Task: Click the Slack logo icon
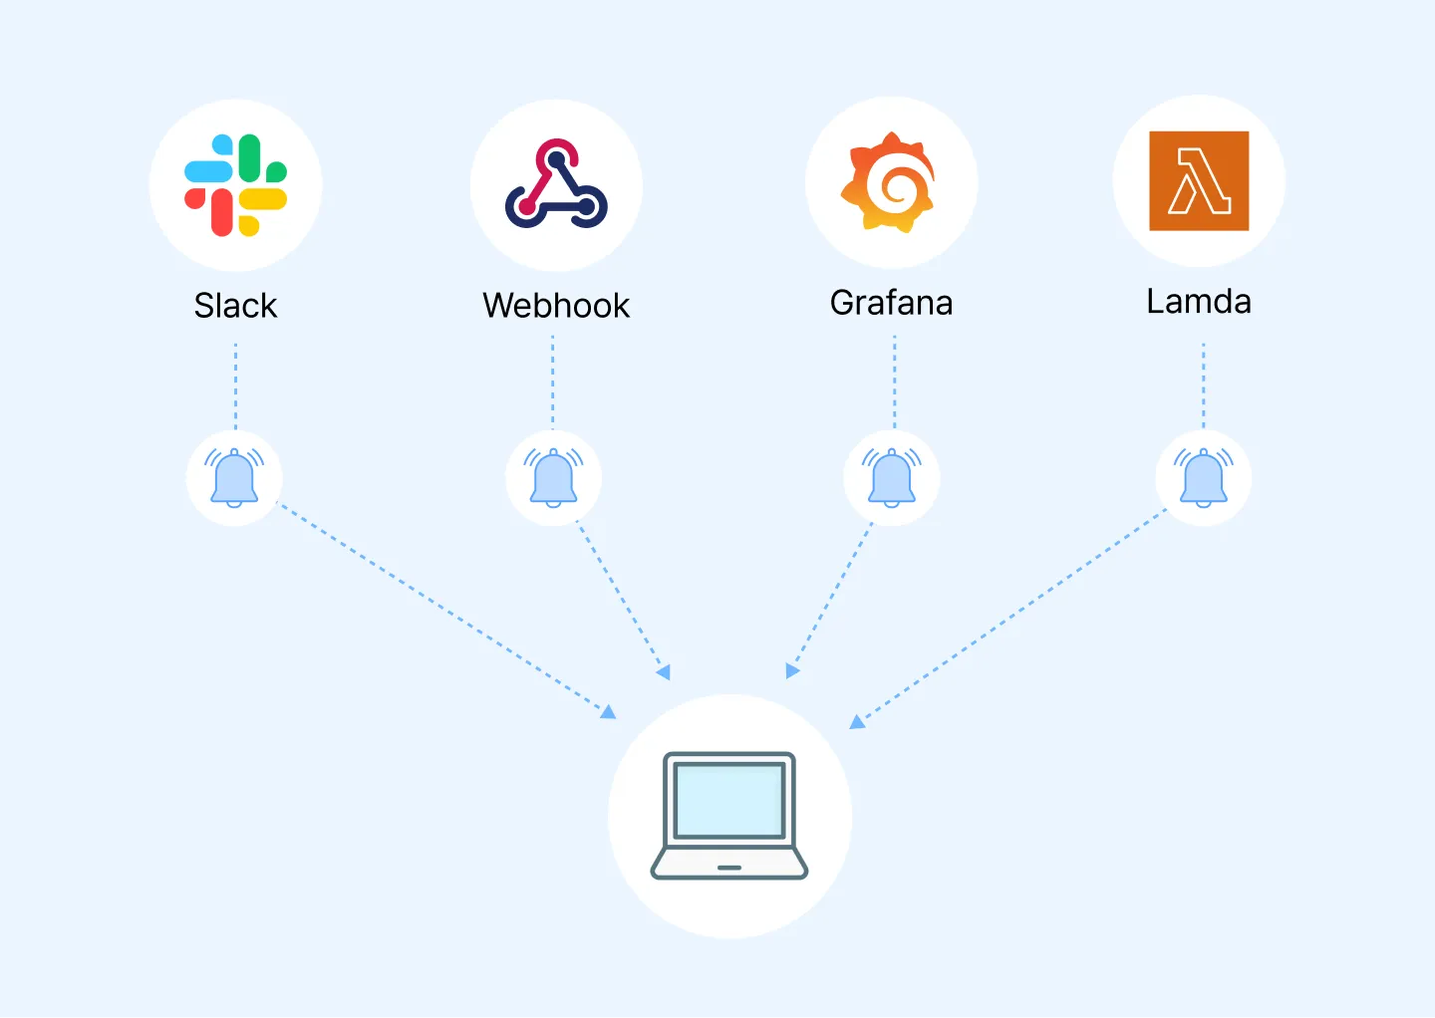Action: (235, 185)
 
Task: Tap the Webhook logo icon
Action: (556, 184)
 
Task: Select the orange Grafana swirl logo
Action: (890, 183)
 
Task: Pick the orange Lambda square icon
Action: (1199, 181)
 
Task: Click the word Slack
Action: (235, 306)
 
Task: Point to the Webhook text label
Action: (556, 306)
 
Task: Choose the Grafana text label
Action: (891, 303)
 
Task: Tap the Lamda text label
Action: (1199, 301)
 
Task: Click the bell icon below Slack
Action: (234, 478)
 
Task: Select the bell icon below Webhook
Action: (553, 478)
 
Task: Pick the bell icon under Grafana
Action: (892, 478)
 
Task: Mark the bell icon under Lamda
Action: (1204, 478)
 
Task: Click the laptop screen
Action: (729, 800)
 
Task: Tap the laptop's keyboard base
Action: (729, 865)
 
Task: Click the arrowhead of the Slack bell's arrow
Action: (609, 711)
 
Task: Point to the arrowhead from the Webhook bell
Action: (664, 673)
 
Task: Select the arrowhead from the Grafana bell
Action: (791, 671)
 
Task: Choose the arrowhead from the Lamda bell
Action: (856, 722)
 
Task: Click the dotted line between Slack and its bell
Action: (235, 386)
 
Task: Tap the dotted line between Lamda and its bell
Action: (1204, 386)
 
